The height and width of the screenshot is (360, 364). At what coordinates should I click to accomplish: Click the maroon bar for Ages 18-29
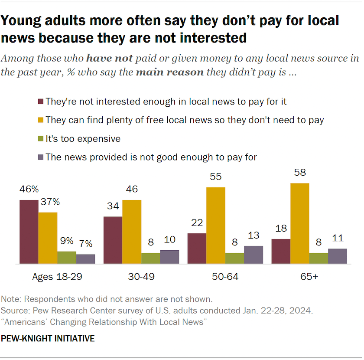pyautogui.click(x=29, y=232)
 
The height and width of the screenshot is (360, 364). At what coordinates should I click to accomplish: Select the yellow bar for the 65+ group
pyautogui.click(x=299, y=223)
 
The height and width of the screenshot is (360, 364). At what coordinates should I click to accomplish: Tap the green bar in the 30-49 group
pyautogui.click(x=151, y=258)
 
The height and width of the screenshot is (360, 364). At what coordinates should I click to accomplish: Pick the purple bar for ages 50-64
pyautogui.click(x=253, y=255)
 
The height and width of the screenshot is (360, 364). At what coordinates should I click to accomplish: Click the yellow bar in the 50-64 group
pyautogui.click(x=216, y=226)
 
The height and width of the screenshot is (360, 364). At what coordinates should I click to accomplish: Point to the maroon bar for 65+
pyautogui.click(x=281, y=251)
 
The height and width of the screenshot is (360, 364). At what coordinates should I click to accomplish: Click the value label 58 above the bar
pyautogui.click(x=300, y=173)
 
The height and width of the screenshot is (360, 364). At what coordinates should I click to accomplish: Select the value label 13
pyautogui.click(x=253, y=236)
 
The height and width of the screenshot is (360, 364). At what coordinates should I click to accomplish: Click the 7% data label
pyautogui.click(x=85, y=244)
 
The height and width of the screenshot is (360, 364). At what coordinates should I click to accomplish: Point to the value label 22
pyautogui.click(x=197, y=223)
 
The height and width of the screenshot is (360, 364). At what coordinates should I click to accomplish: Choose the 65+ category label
pyautogui.click(x=309, y=277)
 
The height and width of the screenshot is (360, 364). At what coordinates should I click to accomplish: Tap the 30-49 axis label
pyautogui.click(x=142, y=277)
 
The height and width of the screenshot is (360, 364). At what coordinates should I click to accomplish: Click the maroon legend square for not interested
pyautogui.click(x=40, y=102)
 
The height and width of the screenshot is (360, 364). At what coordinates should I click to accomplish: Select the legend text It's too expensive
pyautogui.click(x=83, y=139)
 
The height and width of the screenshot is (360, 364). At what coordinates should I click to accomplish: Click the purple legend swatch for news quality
pyautogui.click(x=40, y=157)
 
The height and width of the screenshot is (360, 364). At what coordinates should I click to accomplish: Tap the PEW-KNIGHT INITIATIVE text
pyautogui.click(x=48, y=338)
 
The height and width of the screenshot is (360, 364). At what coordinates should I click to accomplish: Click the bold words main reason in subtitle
pyautogui.click(x=169, y=72)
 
